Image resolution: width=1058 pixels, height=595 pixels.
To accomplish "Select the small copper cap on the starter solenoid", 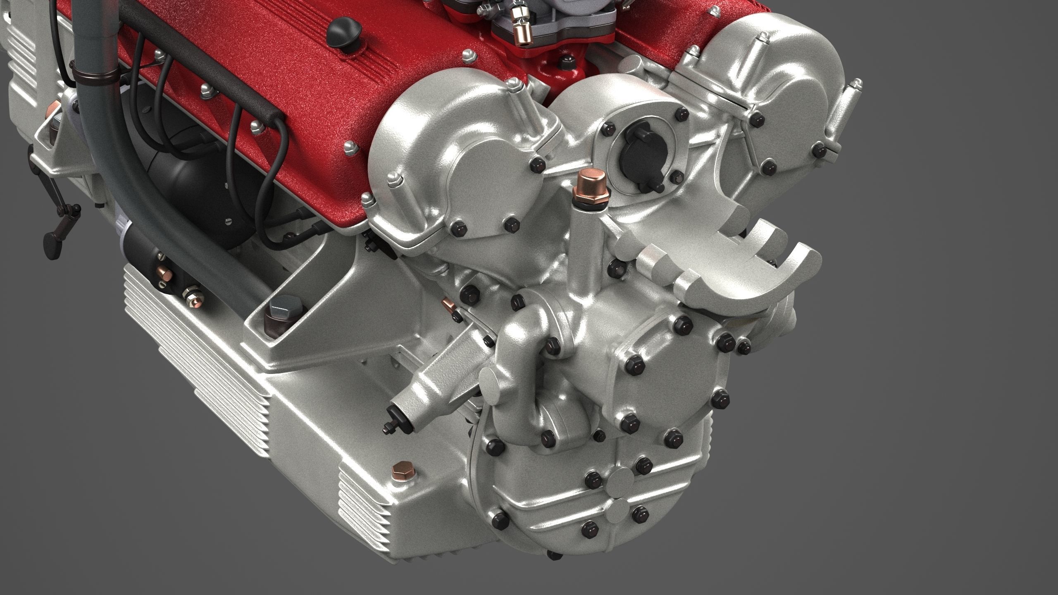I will [x=165, y=274].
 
